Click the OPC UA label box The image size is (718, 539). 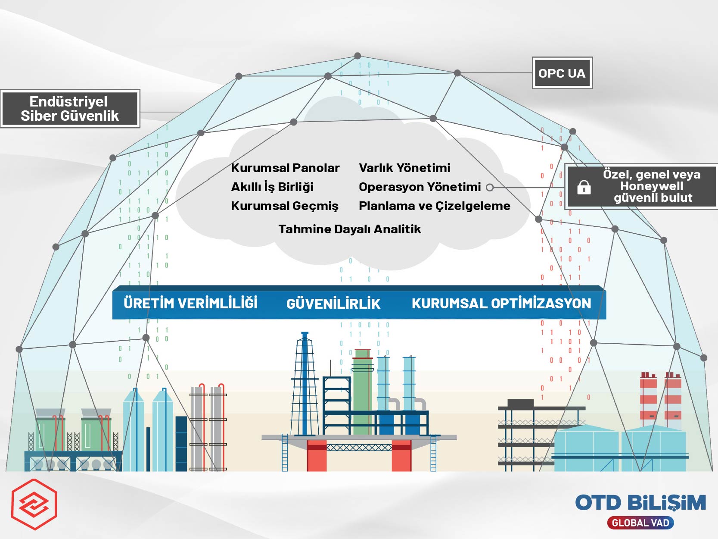pyautogui.click(x=562, y=73)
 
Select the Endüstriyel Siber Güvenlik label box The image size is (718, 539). pyautogui.click(x=70, y=109)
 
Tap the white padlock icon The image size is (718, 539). pyautogui.click(x=584, y=187)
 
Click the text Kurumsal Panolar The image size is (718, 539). pyautogui.click(x=285, y=168)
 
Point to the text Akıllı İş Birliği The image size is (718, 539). pyautogui.click(x=272, y=187)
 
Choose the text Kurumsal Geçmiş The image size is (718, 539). pyautogui.click(x=285, y=206)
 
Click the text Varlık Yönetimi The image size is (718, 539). pyautogui.click(x=404, y=168)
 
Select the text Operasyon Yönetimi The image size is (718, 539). pyautogui.click(x=420, y=187)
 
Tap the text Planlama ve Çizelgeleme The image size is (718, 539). pyautogui.click(x=434, y=206)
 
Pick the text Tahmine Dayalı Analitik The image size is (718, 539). pyautogui.click(x=349, y=229)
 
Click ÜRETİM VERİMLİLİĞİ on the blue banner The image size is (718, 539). pyautogui.click(x=190, y=303)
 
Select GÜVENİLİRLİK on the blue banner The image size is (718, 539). pyautogui.click(x=333, y=304)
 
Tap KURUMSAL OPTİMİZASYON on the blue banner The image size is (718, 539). pyautogui.click(x=501, y=304)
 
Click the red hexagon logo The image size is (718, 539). pyautogui.click(x=34, y=504)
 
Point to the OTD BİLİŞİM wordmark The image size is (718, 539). pyautogui.click(x=640, y=503)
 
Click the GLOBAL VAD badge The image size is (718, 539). pyautogui.click(x=640, y=523)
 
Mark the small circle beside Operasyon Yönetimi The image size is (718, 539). pyautogui.click(x=490, y=187)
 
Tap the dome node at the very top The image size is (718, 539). pyautogui.click(x=357, y=56)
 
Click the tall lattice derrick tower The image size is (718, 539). pyautogui.click(x=305, y=384)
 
